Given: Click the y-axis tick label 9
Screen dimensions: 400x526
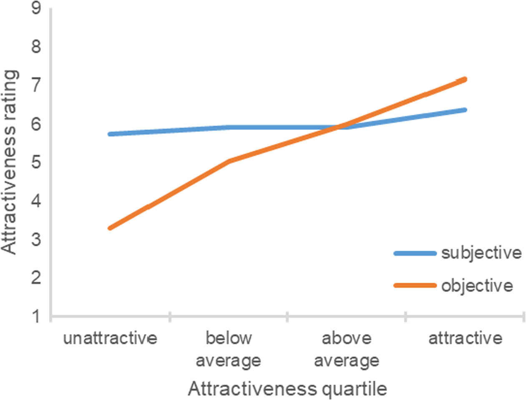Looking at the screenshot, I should pyautogui.click(x=36, y=8).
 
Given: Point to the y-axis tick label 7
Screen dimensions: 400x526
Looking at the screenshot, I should pyautogui.click(x=36, y=85).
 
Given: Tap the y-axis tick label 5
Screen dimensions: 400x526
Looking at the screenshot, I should pyautogui.click(x=36, y=162).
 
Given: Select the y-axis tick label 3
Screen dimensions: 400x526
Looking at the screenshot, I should pyautogui.click(x=36, y=239).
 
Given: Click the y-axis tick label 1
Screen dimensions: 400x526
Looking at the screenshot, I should pyautogui.click(x=36, y=316).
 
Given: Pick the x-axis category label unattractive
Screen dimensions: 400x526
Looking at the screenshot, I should pyautogui.click(x=110, y=338).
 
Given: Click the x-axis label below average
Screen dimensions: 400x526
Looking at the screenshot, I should pyautogui.click(x=228, y=349).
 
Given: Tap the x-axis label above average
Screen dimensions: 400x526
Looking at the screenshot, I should pyautogui.click(x=346, y=349).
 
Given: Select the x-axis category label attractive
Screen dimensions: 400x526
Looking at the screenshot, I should pyautogui.click(x=465, y=338).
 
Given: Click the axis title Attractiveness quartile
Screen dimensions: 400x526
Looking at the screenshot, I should pyautogui.click(x=287, y=389).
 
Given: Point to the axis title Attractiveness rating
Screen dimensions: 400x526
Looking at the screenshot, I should pyautogui.click(x=9, y=162).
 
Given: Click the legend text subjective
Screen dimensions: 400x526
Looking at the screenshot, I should pyautogui.click(x=481, y=253).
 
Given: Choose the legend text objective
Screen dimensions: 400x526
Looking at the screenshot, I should pyautogui.click(x=477, y=286).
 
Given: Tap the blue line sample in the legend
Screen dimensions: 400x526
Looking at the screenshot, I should pyautogui.click(x=415, y=253).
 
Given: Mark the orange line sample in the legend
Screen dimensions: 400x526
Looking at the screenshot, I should pyautogui.click(x=415, y=286).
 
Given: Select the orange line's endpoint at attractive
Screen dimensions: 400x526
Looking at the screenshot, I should pyautogui.click(x=465, y=79).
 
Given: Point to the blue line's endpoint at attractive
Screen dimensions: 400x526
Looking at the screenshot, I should pyautogui.click(x=465, y=110).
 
